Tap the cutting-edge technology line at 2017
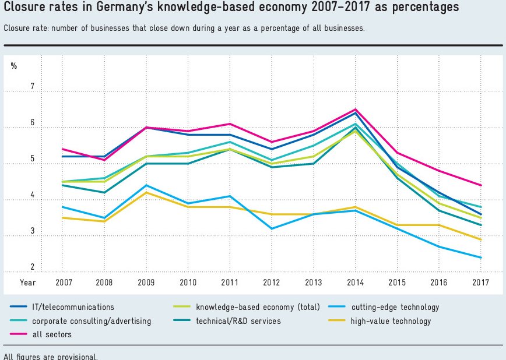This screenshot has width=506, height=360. click(x=480, y=257)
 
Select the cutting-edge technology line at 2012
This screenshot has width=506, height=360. click(x=270, y=228)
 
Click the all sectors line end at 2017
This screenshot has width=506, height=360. click(x=480, y=185)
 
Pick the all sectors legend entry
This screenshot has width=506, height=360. click(x=53, y=334)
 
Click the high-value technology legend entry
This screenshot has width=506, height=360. click(x=391, y=321)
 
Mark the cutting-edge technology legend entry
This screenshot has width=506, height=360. click(x=395, y=307)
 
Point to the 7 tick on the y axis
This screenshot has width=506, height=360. click(x=33, y=87)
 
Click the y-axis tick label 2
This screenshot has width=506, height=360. click(x=33, y=267)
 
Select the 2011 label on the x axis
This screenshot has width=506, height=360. click(x=230, y=283)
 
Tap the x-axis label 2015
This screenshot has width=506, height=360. click(x=398, y=283)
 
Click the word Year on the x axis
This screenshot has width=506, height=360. click(x=27, y=283)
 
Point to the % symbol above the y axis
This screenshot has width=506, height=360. click(x=14, y=66)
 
